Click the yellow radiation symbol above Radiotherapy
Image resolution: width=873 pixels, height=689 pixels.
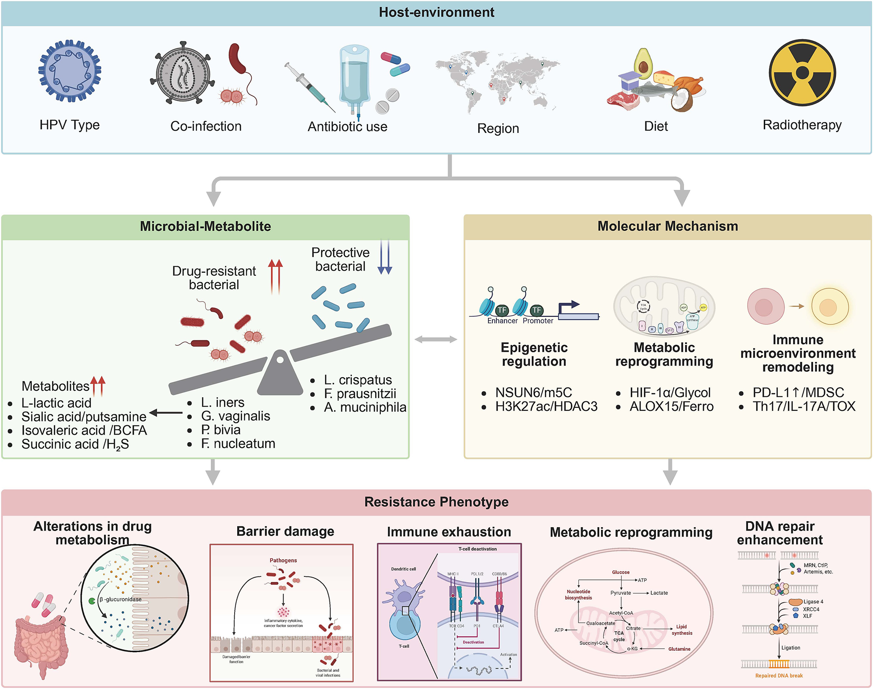coord(802,73)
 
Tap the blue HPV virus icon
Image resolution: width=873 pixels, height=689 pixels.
coord(70,71)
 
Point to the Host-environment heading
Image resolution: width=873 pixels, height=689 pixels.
coord(436,12)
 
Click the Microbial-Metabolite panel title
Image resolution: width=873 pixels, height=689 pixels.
coord(205,226)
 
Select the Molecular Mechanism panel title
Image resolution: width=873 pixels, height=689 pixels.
coord(668,226)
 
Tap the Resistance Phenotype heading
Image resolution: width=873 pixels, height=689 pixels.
coord(436,502)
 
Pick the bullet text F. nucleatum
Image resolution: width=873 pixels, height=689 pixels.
coord(238,443)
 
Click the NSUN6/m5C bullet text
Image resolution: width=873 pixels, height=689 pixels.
coord(533,393)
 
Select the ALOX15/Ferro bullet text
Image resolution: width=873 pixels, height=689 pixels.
coord(671,407)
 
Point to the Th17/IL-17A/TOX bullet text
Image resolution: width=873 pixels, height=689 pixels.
coord(804,407)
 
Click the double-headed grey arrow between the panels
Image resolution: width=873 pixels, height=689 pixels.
coord(436,339)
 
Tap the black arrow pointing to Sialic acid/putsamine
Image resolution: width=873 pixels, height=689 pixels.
coord(166,412)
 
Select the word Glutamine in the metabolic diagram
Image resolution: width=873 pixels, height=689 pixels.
coord(679,649)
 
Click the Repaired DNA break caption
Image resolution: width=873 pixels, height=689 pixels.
coord(779,676)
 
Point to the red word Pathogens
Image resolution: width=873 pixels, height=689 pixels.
coord(283,560)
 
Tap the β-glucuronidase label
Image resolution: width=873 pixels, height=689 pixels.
coord(121,599)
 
